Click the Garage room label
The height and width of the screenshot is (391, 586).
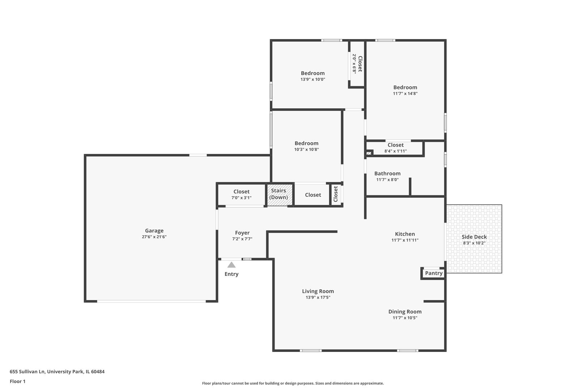[154, 231]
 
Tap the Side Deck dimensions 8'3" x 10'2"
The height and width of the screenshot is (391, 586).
[474, 243]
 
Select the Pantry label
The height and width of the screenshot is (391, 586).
[433, 273]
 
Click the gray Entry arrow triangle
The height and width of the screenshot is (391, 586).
[232, 265]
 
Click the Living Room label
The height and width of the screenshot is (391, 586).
[318, 291]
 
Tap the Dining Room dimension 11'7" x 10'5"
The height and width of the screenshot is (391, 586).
[405, 318]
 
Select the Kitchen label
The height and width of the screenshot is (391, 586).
[405, 234]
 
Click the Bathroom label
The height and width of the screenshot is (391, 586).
[387, 174]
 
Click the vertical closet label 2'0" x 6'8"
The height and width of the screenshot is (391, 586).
[357, 64]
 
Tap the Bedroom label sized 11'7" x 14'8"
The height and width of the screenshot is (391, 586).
[405, 87]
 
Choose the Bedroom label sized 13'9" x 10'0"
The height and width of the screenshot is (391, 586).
[313, 73]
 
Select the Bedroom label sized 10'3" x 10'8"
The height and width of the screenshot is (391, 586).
[306, 143]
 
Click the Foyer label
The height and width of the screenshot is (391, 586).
[242, 233]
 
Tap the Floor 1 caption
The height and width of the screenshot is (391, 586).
[17, 381]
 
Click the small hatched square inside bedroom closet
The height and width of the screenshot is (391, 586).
[369, 153]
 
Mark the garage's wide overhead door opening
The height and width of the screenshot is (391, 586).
[151, 301]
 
